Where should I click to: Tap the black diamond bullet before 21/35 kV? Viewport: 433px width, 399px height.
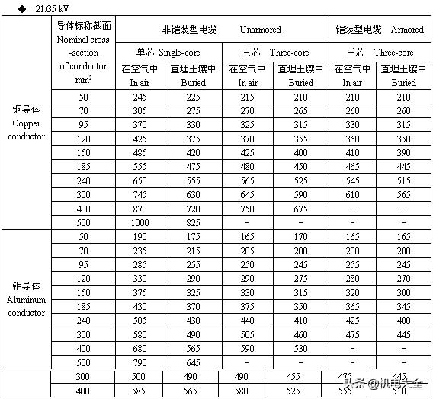(11, 8)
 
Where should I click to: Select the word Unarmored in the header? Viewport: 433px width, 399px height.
(261, 30)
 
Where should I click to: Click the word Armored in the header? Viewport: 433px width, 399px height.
(407, 30)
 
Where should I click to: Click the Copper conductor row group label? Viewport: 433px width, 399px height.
(27, 123)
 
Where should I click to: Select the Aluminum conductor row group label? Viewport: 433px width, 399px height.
(27, 299)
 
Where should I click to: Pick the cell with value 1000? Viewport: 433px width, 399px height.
(140, 222)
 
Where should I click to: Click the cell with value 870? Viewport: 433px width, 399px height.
(140, 208)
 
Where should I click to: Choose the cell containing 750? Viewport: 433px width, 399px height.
(247, 208)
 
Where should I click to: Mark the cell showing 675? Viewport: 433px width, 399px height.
(301, 208)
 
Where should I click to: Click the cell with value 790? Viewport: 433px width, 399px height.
(140, 362)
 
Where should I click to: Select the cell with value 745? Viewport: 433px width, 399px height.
(140, 194)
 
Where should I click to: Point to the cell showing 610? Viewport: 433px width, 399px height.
(352, 194)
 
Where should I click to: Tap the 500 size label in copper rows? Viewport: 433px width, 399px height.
(83, 222)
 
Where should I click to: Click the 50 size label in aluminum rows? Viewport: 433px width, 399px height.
(83, 237)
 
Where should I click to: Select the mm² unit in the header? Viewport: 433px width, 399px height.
(83, 79)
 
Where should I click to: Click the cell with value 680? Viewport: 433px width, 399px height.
(140, 349)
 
